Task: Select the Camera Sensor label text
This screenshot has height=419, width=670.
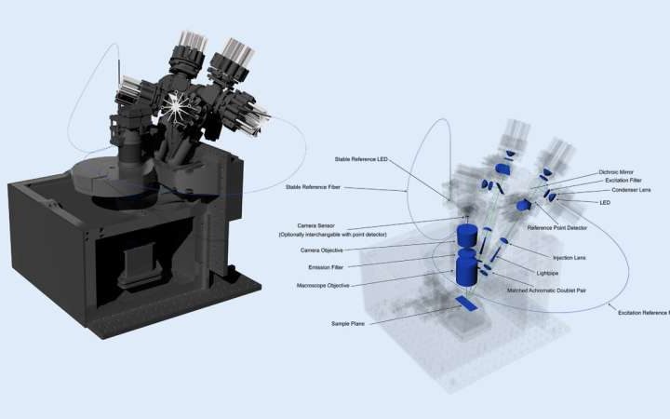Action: [x=320, y=226]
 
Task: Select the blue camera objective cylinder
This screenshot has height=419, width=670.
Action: [x=465, y=232]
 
